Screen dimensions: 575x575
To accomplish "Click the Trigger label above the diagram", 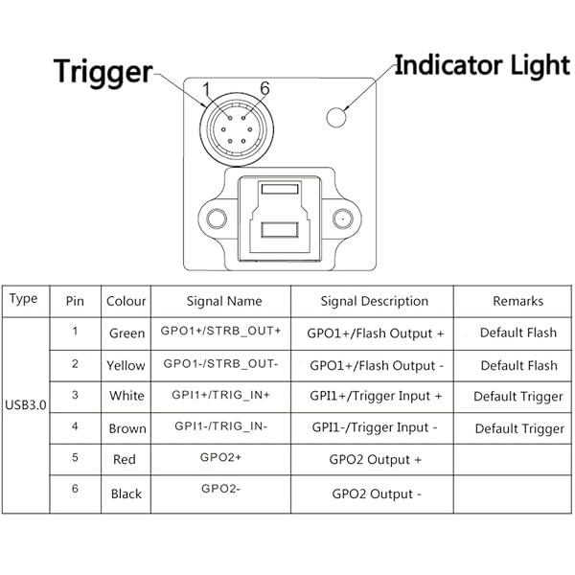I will (103, 71).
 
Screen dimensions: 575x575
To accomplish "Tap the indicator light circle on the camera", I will (336, 118).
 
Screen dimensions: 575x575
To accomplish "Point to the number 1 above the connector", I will (205, 90).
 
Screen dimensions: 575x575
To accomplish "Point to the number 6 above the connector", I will (264, 89).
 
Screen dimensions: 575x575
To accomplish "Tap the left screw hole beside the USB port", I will (218, 218).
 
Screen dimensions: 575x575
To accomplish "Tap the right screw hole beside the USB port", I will (339, 218).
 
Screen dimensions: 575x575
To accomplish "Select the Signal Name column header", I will (223, 301).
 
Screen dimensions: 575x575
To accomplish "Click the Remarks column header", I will (517, 301).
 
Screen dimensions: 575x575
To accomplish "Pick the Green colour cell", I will (126, 333).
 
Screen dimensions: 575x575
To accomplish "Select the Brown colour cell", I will (126, 428).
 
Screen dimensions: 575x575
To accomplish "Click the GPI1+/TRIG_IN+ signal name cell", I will (222, 395).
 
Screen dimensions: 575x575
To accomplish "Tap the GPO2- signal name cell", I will (221, 490).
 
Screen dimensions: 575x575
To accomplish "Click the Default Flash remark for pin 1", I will (518, 333).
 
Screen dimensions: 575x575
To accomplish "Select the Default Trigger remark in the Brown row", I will (519, 428).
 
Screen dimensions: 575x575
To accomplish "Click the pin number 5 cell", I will (75, 457).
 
